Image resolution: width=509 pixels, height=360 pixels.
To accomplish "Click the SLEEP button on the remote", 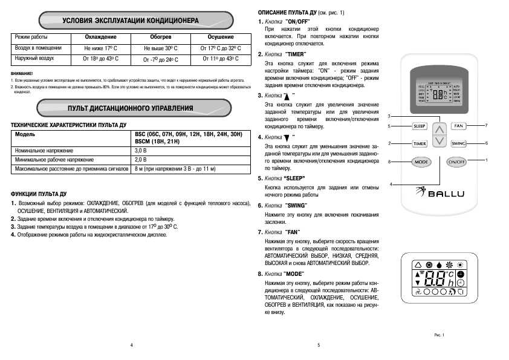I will point(420,126).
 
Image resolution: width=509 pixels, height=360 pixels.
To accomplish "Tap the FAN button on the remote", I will point(458,126).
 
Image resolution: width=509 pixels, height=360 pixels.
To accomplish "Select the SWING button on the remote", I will point(458,143).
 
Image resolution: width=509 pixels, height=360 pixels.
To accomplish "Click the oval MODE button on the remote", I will point(420,162).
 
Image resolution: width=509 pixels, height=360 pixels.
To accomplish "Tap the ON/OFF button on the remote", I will point(457,162).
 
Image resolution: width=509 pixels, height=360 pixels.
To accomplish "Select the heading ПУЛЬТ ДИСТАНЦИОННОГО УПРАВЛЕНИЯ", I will point(131,108).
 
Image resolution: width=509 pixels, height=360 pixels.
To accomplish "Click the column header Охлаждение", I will point(101,38).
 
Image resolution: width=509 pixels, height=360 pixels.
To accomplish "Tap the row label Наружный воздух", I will point(34,59).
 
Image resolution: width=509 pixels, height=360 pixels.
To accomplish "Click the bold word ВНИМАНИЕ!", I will point(22,73).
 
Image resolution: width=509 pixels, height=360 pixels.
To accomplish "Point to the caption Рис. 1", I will point(439,335).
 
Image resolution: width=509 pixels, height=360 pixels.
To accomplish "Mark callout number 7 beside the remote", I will point(486,125).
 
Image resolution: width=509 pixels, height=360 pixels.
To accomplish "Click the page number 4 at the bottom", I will point(131,345).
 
